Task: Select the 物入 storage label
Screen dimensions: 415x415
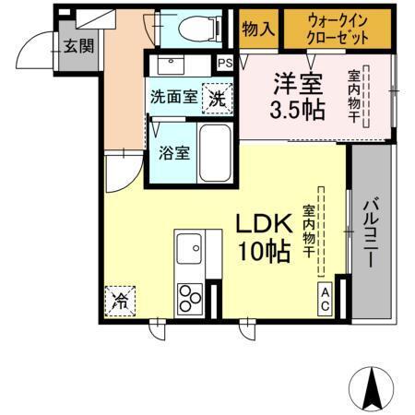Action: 258,29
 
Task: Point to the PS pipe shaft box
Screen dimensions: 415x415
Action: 225,63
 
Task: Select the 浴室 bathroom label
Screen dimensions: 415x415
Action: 175,151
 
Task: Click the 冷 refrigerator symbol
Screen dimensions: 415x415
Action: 120,299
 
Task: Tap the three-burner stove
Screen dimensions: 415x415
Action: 190,298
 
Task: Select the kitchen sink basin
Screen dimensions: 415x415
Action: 190,249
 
